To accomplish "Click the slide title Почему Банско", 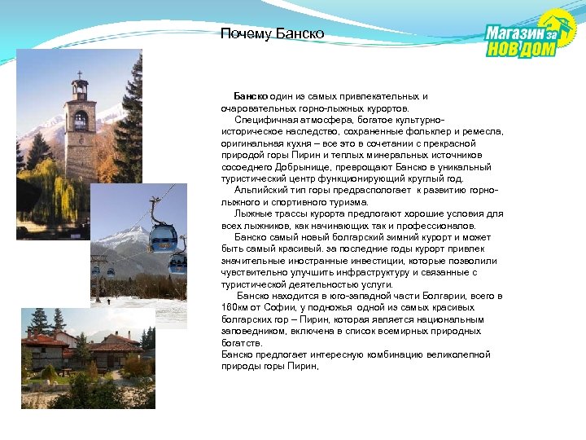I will click(x=273, y=33).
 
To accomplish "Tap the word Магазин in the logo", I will click(x=514, y=33).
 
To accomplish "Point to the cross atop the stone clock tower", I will click(x=79, y=75).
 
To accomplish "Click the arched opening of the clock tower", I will click(x=80, y=120).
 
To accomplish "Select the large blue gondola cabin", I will click(x=163, y=238).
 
